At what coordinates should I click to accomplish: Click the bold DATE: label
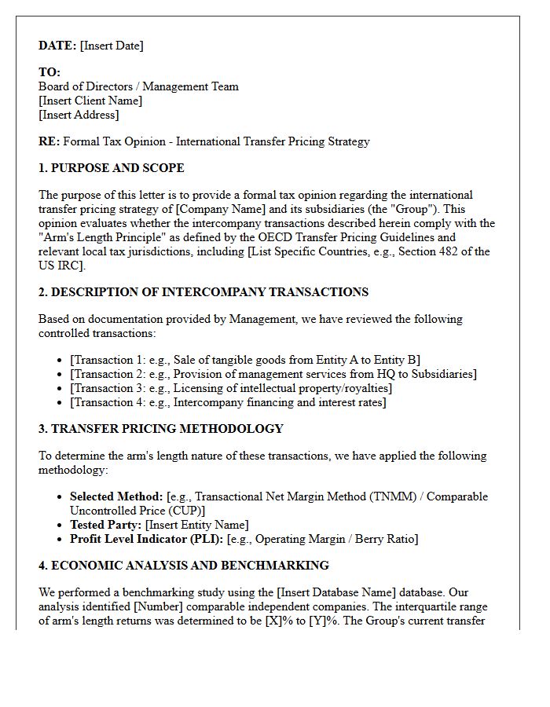click(57, 46)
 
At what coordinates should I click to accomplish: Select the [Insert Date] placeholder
click(112, 46)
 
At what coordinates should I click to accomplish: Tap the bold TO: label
click(49, 72)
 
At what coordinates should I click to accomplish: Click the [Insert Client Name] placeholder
click(90, 101)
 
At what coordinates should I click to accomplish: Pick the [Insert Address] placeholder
click(79, 115)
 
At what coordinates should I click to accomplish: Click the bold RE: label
click(49, 141)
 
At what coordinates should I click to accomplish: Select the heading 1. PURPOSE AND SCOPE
click(111, 168)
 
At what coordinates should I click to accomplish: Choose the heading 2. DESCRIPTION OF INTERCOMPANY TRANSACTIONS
click(203, 292)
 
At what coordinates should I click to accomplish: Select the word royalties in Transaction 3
click(364, 388)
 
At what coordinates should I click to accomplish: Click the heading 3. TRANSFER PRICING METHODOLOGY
click(160, 429)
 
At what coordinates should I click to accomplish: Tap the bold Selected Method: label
click(116, 496)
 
